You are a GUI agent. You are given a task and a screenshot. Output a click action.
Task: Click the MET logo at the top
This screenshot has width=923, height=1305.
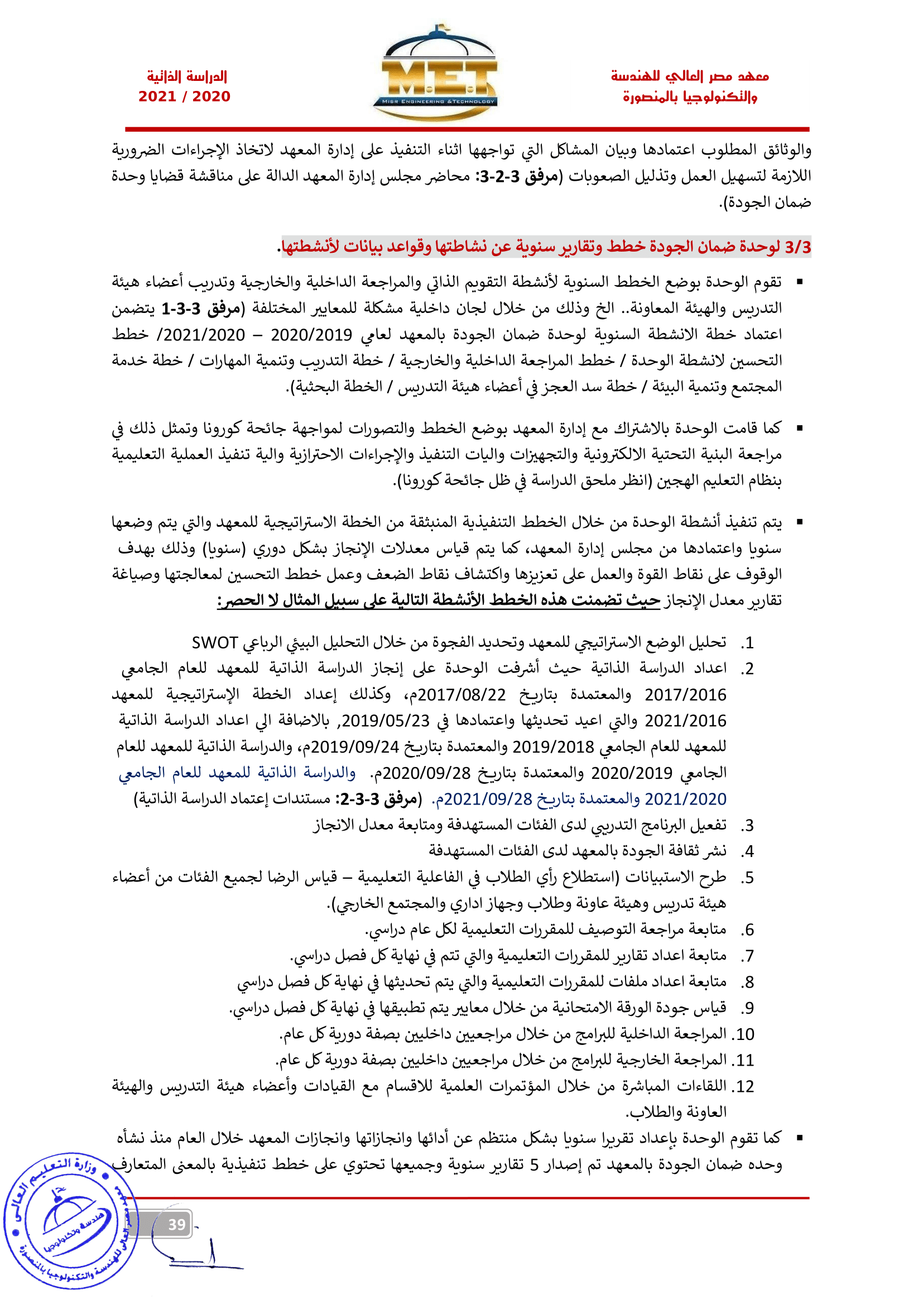click(435, 74)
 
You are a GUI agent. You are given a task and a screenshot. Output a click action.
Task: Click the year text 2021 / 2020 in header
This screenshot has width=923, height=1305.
click(184, 97)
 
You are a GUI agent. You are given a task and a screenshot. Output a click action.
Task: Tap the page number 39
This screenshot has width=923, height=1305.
click(177, 1224)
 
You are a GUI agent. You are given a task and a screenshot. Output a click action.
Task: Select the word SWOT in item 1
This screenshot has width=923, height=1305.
click(214, 643)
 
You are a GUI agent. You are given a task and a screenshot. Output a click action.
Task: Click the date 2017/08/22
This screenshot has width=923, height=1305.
click(461, 695)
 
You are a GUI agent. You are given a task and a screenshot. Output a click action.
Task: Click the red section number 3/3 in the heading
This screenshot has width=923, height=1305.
click(797, 247)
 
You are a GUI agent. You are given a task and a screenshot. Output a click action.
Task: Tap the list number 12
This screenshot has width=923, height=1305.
click(745, 1086)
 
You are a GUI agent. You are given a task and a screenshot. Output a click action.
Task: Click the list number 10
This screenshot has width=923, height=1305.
click(745, 1034)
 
